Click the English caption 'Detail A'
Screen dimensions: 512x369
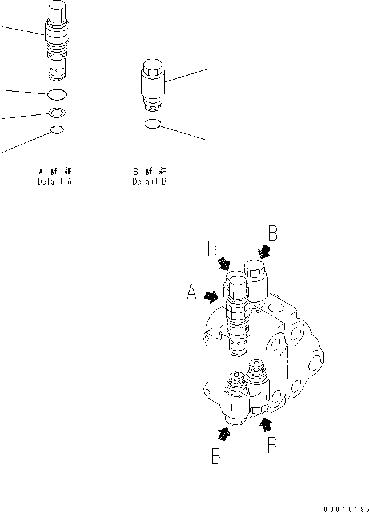[x=54, y=182]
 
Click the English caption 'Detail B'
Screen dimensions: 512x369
[x=149, y=182]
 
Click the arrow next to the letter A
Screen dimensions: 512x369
[x=211, y=296]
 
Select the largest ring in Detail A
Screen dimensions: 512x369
[x=57, y=93]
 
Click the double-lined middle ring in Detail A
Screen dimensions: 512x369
[x=57, y=113]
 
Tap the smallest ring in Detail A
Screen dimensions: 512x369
[x=57, y=130]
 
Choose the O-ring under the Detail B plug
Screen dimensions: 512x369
[x=151, y=124]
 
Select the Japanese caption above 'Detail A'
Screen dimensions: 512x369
[x=54, y=171]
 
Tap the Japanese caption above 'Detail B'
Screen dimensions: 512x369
[x=149, y=171]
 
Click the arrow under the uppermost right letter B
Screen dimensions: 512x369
[x=266, y=252]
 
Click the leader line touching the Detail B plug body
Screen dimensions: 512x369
[x=185, y=77]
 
